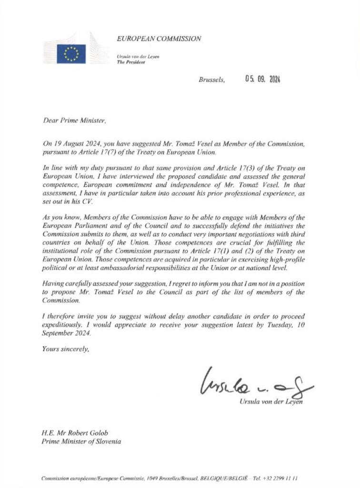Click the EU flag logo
pos(71,53)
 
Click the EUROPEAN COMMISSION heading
pos(159,39)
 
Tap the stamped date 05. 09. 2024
pos(262,80)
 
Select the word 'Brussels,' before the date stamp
pos(212,80)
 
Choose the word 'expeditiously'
pos(64,325)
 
